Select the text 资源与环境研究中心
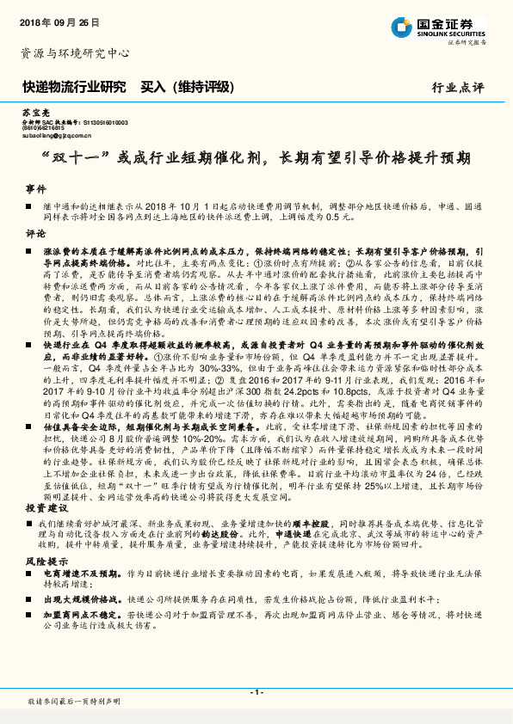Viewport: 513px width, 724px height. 75,53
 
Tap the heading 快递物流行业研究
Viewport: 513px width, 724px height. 73,87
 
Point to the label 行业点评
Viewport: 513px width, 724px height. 460,88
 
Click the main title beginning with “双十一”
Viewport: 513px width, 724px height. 256,158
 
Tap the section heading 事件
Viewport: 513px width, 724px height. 35,188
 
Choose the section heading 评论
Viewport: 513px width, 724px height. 35,234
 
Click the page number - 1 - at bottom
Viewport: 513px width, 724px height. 256,692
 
